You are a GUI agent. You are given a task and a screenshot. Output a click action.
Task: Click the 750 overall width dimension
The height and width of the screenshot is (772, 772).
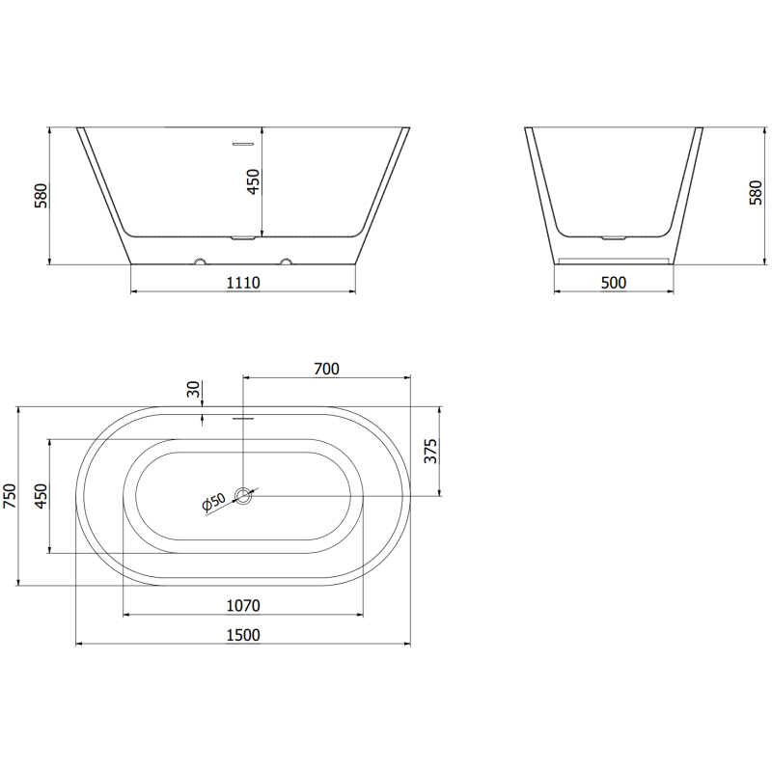coord(10,496)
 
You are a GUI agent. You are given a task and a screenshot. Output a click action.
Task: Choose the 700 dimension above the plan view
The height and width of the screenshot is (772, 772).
coord(326,369)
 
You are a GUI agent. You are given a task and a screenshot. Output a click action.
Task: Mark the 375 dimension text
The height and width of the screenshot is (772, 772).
coord(431,453)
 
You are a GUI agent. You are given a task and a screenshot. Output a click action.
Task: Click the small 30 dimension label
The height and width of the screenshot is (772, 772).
coord(193,390)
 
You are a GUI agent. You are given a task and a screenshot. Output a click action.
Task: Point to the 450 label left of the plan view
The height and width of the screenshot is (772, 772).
coord(41,496)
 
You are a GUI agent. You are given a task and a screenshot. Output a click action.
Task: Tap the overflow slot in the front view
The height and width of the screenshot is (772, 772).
coord(243,144)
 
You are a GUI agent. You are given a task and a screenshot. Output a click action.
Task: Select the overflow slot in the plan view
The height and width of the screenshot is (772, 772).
coord(243,419)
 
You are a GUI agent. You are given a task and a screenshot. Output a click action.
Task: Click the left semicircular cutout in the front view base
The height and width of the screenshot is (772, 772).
coord(201,262)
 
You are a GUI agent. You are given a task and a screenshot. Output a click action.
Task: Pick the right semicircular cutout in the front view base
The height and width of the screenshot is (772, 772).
coord(286,262)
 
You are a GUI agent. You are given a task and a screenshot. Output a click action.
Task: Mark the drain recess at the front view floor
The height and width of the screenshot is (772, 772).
coord(243,236)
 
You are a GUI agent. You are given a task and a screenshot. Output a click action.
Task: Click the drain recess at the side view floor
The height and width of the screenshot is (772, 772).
coord(614,236)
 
